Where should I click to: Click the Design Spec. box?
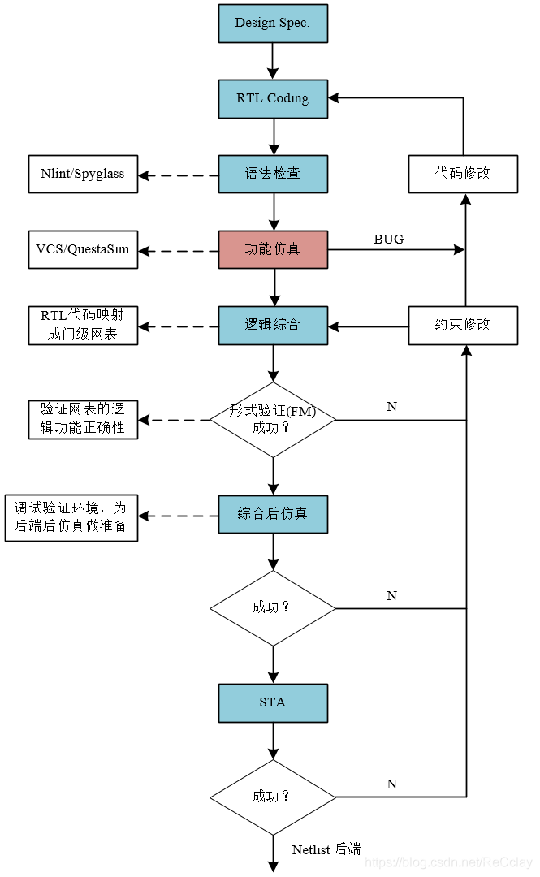(x=273, y=24)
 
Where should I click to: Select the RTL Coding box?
(x=273, y=98)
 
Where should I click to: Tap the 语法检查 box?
(x=273, y=174)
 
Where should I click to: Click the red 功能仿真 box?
(x=273, y=249)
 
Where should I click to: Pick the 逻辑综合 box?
(x=273, y=325)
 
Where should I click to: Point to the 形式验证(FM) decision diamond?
(x=273, y=420)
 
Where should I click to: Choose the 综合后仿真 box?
(x=273, y=514)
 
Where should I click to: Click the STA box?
(x=273, y=702)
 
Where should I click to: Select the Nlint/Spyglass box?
(x=83, y=174)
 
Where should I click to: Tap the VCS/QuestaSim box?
(x=83, y=249)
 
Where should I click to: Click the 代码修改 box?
(x=463, y=174)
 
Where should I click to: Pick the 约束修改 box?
(x=463, y=325)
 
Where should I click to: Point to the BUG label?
(x=388, y=240)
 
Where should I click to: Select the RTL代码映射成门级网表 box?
(x=83, y=325)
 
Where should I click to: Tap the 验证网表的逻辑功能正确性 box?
(x=83, y=420)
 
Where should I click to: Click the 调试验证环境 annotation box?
(x=71, y=518)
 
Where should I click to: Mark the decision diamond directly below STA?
(x=273, y=797)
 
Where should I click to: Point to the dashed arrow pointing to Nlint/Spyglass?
(x=179, y=175)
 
